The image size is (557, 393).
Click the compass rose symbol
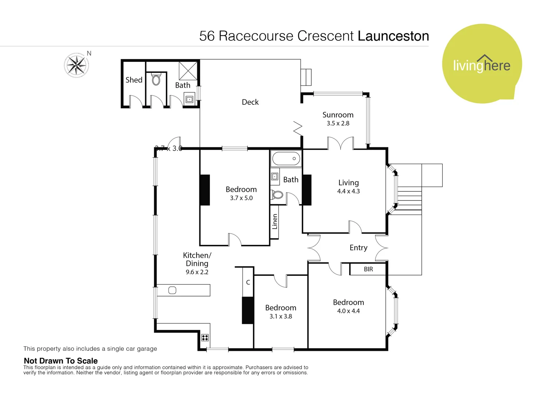click(77, 65)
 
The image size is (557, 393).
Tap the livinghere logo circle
click(482, 64)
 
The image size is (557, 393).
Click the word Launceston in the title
click(393, 36)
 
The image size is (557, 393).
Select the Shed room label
click(134, 80)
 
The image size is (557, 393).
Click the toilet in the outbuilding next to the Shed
click(156, 79)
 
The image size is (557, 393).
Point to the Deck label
click(250, 102)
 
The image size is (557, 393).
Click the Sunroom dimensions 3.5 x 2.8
click(338, 123)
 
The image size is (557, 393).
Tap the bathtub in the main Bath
click(286, 159)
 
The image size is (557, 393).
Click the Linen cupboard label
click(275, 222)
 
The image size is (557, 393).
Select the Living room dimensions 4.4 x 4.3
click(348, 191)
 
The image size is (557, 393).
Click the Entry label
click(358, 248)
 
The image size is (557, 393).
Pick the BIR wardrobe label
click(368, 269)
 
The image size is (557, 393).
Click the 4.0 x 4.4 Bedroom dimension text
click(348, 311)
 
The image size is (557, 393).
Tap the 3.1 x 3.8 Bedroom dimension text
click(281, 317)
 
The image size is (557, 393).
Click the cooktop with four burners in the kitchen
click(205, 337)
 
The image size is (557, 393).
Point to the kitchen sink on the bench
click(172, 290)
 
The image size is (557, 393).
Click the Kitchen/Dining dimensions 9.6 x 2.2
click(197, 272)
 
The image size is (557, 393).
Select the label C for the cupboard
click(248, 282)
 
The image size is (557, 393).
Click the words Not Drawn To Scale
click(61, 361)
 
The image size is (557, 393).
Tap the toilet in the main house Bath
click(277, 195)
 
